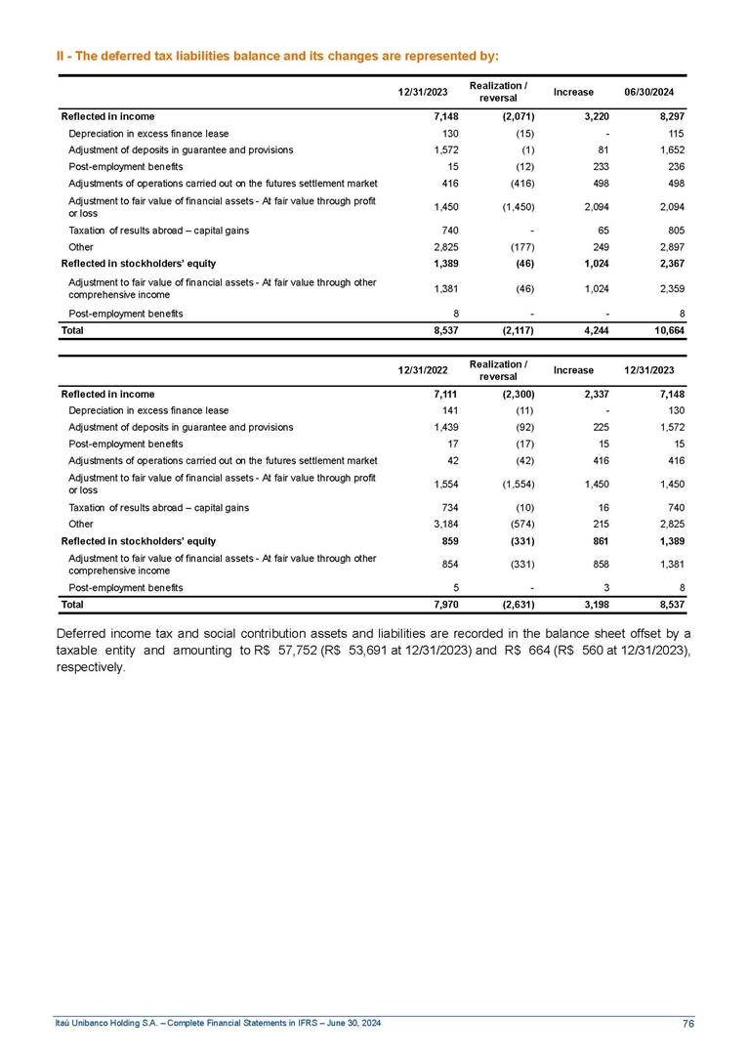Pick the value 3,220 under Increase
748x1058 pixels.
[x=580, y=116]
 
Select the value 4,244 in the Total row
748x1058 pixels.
[x=580, y=331]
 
